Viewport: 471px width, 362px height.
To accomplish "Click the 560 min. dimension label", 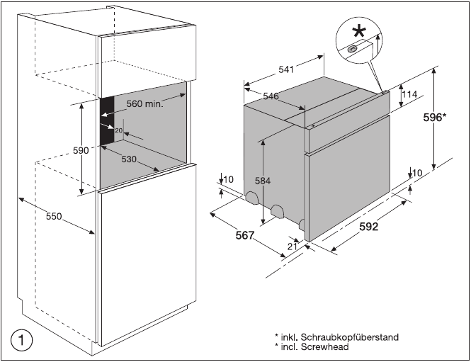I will click(x=145, y=103).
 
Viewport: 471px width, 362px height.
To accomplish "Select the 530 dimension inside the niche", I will click(x=128, y=159).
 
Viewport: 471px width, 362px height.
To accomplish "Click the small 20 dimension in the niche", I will click(x=118, y=131).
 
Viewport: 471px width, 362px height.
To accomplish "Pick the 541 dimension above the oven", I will click(x=286, y=69).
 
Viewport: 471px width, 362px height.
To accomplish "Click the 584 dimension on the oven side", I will click(x=263, y=181).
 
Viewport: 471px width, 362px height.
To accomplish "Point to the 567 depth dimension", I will click(x=245, y=235).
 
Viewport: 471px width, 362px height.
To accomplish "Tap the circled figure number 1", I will click(x=23, y=340).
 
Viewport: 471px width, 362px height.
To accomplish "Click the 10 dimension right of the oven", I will click(x=417, y=173).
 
